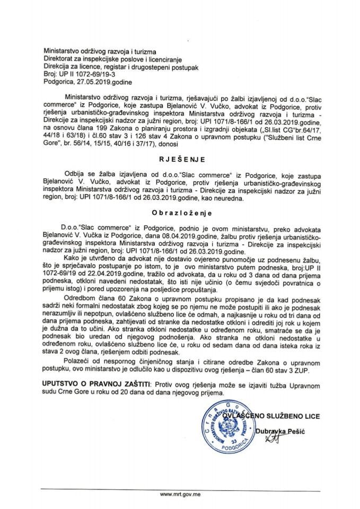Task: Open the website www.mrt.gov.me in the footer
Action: coord(180,492)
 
